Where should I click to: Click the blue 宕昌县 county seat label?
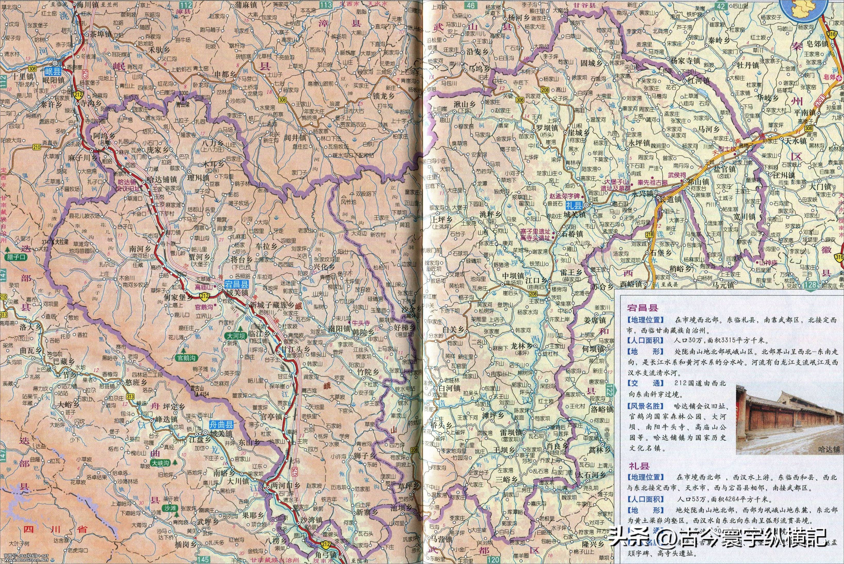point(236,284)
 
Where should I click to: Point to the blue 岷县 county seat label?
point(53,71)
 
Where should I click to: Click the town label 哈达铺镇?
point(162,179)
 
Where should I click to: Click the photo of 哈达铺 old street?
point(788,419)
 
